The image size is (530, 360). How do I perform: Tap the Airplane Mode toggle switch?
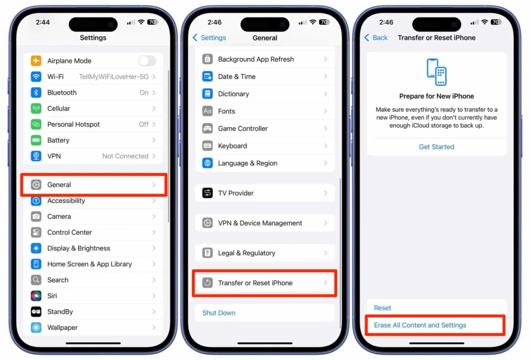pyautogui.click(x=147, y=61)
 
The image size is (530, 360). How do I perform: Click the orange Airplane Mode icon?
pyautogui.click(x=36, y=61)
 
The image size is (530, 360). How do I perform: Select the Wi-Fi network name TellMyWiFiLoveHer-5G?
pyautogui.click(x=113, y=77)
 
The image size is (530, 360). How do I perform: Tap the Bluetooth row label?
pyautogui.click(x=62, y=93)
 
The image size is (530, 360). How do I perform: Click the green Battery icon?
pyautogui.click(x=36, y=140)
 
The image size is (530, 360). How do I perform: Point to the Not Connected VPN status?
pyautogui.click(x=125, y=156)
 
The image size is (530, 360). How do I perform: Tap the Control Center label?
pyautogui.click(x=69, y=233)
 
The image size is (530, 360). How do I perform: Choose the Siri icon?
pyautogui.click(x=36, y=296)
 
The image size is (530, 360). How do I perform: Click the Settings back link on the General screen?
pyautogui.click(x=210, y=38)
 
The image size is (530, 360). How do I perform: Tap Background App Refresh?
pyautogui.click(x=256, y=60)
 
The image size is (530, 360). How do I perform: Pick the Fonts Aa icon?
pyautogui.click(x=208, y=111)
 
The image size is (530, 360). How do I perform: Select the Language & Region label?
pyautogui.click(x=247, y=163)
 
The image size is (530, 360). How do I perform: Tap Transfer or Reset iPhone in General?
pyautogui.click(x=255, y=283)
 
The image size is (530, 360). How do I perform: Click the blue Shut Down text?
pyautogui.click(x=219, y=313)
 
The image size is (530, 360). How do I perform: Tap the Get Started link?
pyautogui.click(x=436, y=147)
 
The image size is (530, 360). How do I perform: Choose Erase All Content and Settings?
pyautogui.click(x=420, y=325)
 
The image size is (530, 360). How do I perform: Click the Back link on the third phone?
pyautogui.click(x=376, y=38)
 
